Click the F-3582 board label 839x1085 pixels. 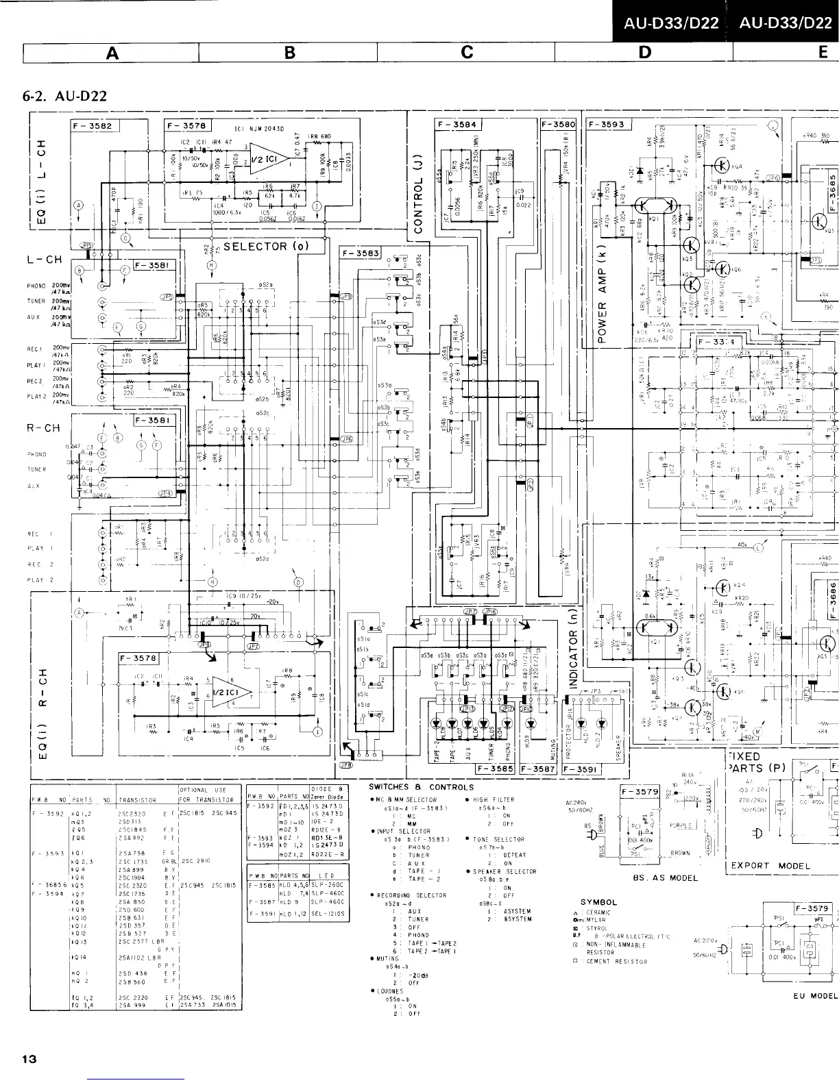pos(95,126)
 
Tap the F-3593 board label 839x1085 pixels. pos(607,125)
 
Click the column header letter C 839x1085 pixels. pos(467,52)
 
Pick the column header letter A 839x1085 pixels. pos(111,52)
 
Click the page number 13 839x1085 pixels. pos(29,1059)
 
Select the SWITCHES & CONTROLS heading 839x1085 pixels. pos(421,787)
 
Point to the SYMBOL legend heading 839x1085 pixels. pos(598,902)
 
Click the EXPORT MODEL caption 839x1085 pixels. pos(770,865)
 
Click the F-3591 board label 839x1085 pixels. pos(583,769)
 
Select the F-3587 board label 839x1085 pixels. pos(540,769)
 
